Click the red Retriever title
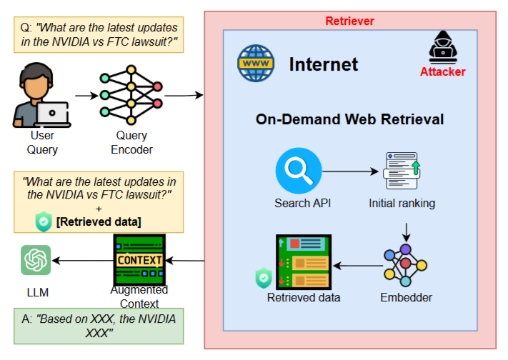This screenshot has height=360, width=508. pyautogui.click(x=349, y=21)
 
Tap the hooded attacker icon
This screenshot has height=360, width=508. pyautogui.click(x=442, y=49)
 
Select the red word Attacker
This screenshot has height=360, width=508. pyautogui.click(x=442, y=71)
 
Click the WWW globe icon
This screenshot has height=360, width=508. pyautogui.click(x=255, y=64)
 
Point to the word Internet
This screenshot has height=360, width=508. pyautogui.click(x=323, y=64)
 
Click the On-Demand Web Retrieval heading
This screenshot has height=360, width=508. pyautogui.click(x=349, y=119)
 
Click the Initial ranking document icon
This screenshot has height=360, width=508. pyautogui.click(x=402, y=172)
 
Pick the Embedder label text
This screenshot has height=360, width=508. pyautogui.click(x=405, y=297)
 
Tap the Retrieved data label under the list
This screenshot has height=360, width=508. pyautogui.click(x=304, y=297)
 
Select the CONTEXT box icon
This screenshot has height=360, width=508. pyautogui.click(x=139, y=260)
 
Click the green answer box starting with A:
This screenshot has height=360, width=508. pyautogui.click(x=99, y=325)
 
